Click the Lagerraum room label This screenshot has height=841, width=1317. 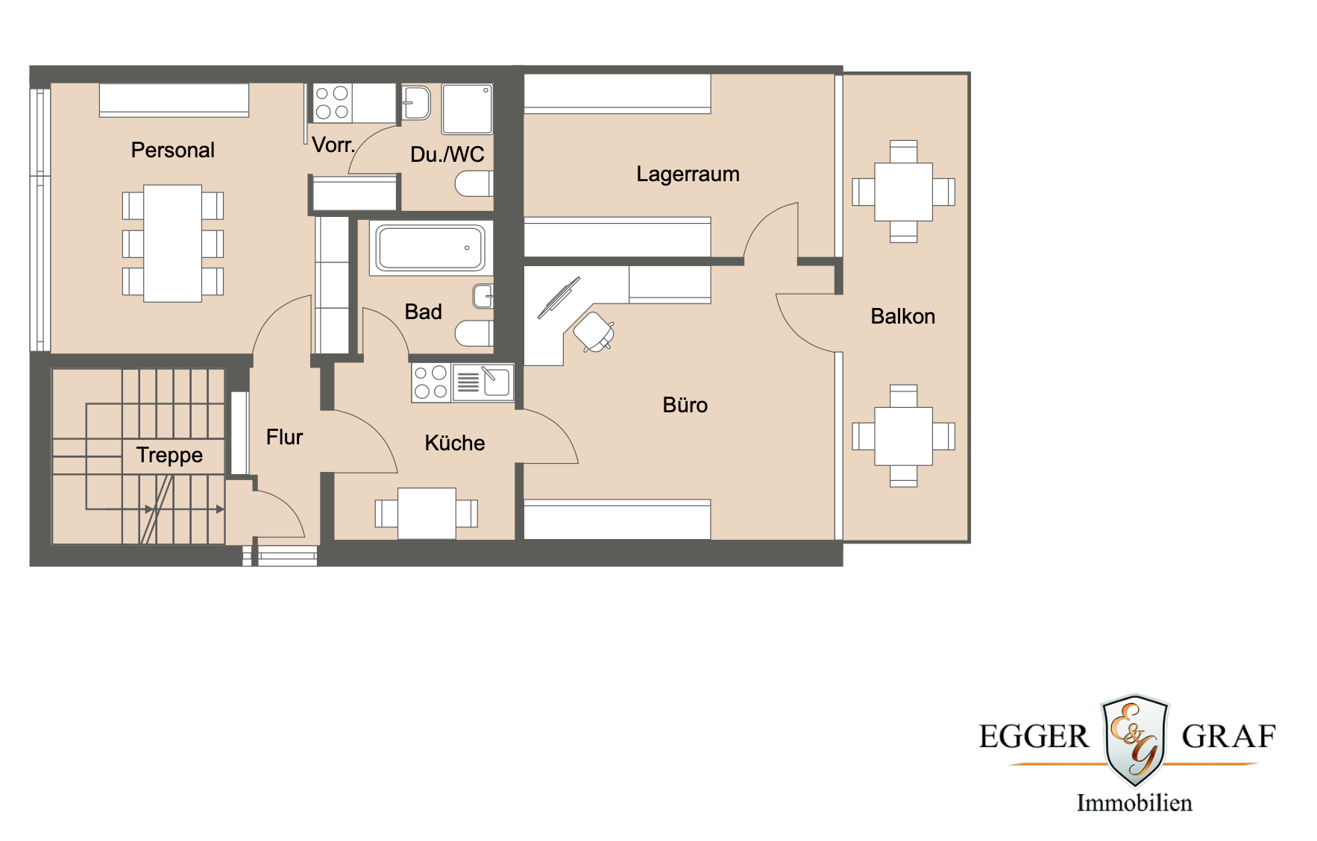click(688, 174)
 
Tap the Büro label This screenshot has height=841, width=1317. click(685, 405)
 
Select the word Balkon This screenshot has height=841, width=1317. click(902, 316)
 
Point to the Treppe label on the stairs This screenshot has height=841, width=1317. click(169, 455)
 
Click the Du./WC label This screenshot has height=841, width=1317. click(447, 154)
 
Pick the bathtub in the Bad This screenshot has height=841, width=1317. click(430, 248)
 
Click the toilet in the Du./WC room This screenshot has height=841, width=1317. click(474, 183)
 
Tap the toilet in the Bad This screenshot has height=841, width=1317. click(474, 333)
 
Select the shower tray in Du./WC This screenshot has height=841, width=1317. click(467, 109)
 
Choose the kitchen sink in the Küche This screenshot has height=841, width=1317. click(483, 382)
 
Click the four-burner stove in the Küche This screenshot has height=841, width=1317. click(430, 382)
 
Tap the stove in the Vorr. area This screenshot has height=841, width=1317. click(332, 103)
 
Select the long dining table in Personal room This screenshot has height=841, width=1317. click(172, 243)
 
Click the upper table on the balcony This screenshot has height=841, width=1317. click(903, 192)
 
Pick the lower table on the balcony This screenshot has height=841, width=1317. click(903, 436)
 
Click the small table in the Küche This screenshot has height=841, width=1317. click(427, 513)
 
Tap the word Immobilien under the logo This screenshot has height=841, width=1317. click(1134, 803)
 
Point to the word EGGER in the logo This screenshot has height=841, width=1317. click(1033, 737)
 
